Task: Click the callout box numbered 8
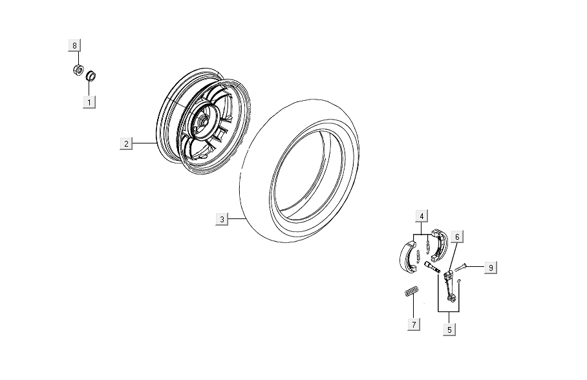pyautogui.click(x=74, y=45)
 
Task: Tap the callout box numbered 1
pyautogui.click(x=89, y=102)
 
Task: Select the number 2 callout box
pyautogui.click(x=126, y=143)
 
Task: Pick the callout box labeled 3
pyautogui.click(x=222, y=219)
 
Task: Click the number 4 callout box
pyautogui.click(x=422, y=216)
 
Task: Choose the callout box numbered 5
pyautogui.click(x=449, y=330)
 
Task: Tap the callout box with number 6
pyautogui.click(x=457, y=237)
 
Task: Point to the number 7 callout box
pyautogui.click(x=414, y=324)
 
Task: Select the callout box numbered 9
pyautogui.click(x=491, y=268)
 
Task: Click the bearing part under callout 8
pyautogui.click(x=78, y=70)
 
